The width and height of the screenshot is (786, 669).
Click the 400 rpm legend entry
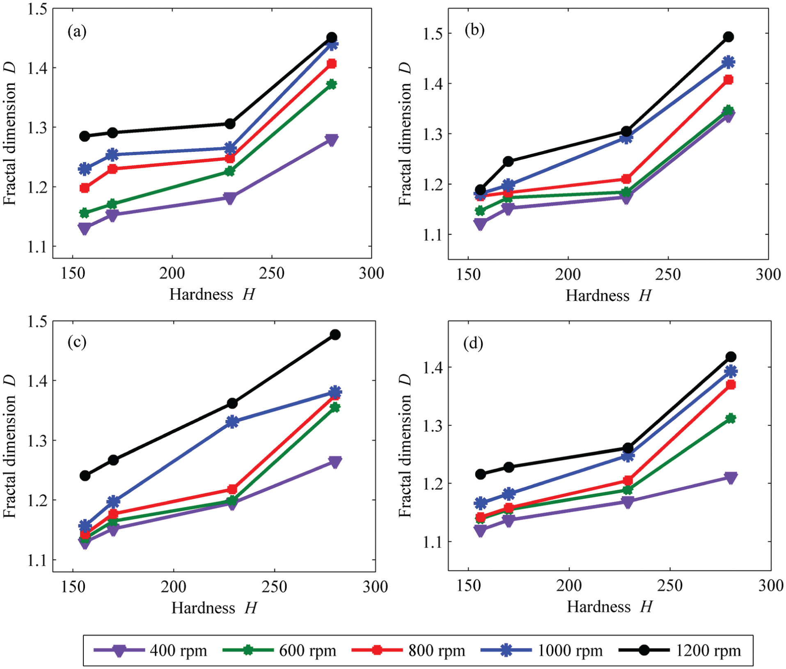point(150,651)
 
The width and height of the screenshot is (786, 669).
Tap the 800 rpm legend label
point(437,651)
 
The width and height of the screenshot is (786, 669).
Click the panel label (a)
point(77,31)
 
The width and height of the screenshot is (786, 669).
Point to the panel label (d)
point(473,343)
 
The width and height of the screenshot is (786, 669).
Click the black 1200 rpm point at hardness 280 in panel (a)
point(332,37)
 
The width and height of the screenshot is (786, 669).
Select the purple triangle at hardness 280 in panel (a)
point(332,140)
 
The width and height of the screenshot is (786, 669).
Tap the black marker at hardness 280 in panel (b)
point(729,37)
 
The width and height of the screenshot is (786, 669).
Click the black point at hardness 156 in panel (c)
point(85,476)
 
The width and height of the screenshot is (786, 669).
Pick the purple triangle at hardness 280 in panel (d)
point(731,478)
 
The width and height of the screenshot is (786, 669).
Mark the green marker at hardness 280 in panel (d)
point(731,419)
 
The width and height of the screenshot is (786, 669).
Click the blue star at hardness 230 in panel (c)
point(232,422)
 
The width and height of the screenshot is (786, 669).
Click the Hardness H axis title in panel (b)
point(609,296)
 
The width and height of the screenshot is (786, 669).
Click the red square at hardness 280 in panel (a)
point(332,64)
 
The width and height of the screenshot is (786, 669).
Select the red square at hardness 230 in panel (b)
point(626,179)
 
